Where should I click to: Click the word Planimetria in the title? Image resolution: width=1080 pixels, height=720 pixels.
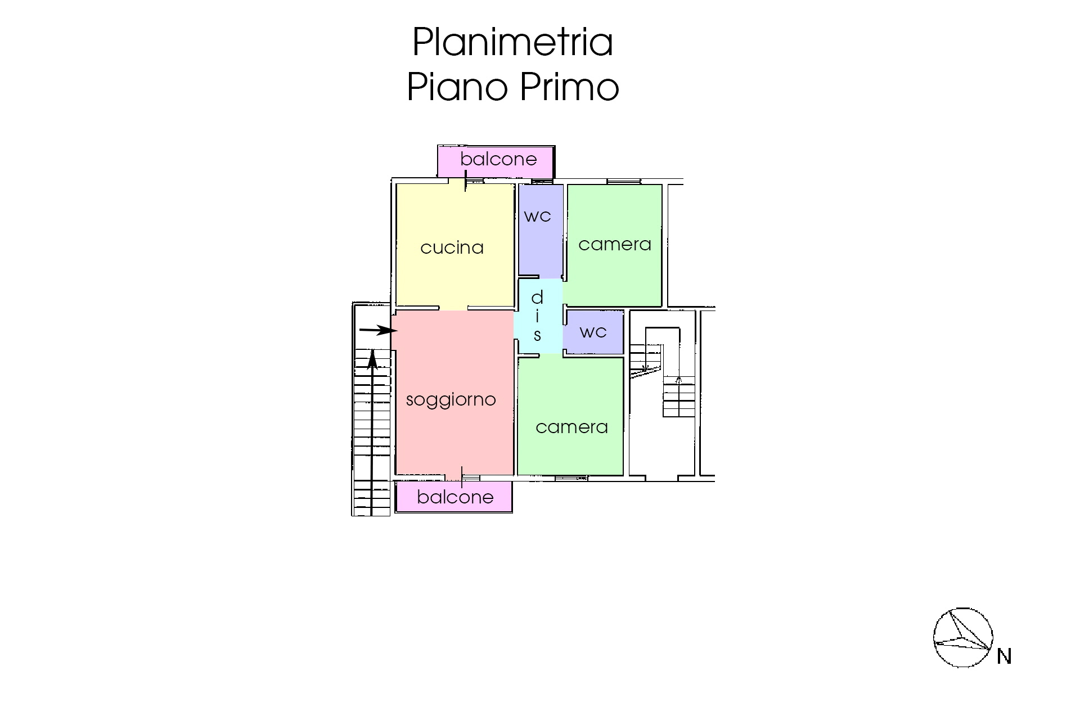512,42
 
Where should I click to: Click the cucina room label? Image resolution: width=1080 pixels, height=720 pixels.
452,247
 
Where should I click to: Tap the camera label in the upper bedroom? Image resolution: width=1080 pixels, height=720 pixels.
615,245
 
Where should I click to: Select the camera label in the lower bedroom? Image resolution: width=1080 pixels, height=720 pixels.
572,427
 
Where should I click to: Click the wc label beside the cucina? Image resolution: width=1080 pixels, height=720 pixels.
537,216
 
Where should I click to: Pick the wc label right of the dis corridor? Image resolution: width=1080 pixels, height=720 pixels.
593,332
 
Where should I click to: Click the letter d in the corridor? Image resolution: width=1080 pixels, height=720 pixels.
537,296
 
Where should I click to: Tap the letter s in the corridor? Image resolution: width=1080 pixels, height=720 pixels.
537,336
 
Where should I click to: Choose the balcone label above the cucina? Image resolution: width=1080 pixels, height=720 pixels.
498,159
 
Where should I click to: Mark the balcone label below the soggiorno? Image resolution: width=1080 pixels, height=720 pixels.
456,497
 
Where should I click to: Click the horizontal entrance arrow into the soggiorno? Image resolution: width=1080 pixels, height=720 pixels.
379,331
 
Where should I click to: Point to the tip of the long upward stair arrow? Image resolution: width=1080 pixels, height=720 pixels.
372,349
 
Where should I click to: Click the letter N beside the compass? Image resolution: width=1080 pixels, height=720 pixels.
1004,656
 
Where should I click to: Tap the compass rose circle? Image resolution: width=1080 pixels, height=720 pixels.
963,609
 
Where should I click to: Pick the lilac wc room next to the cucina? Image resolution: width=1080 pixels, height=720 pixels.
541,230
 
